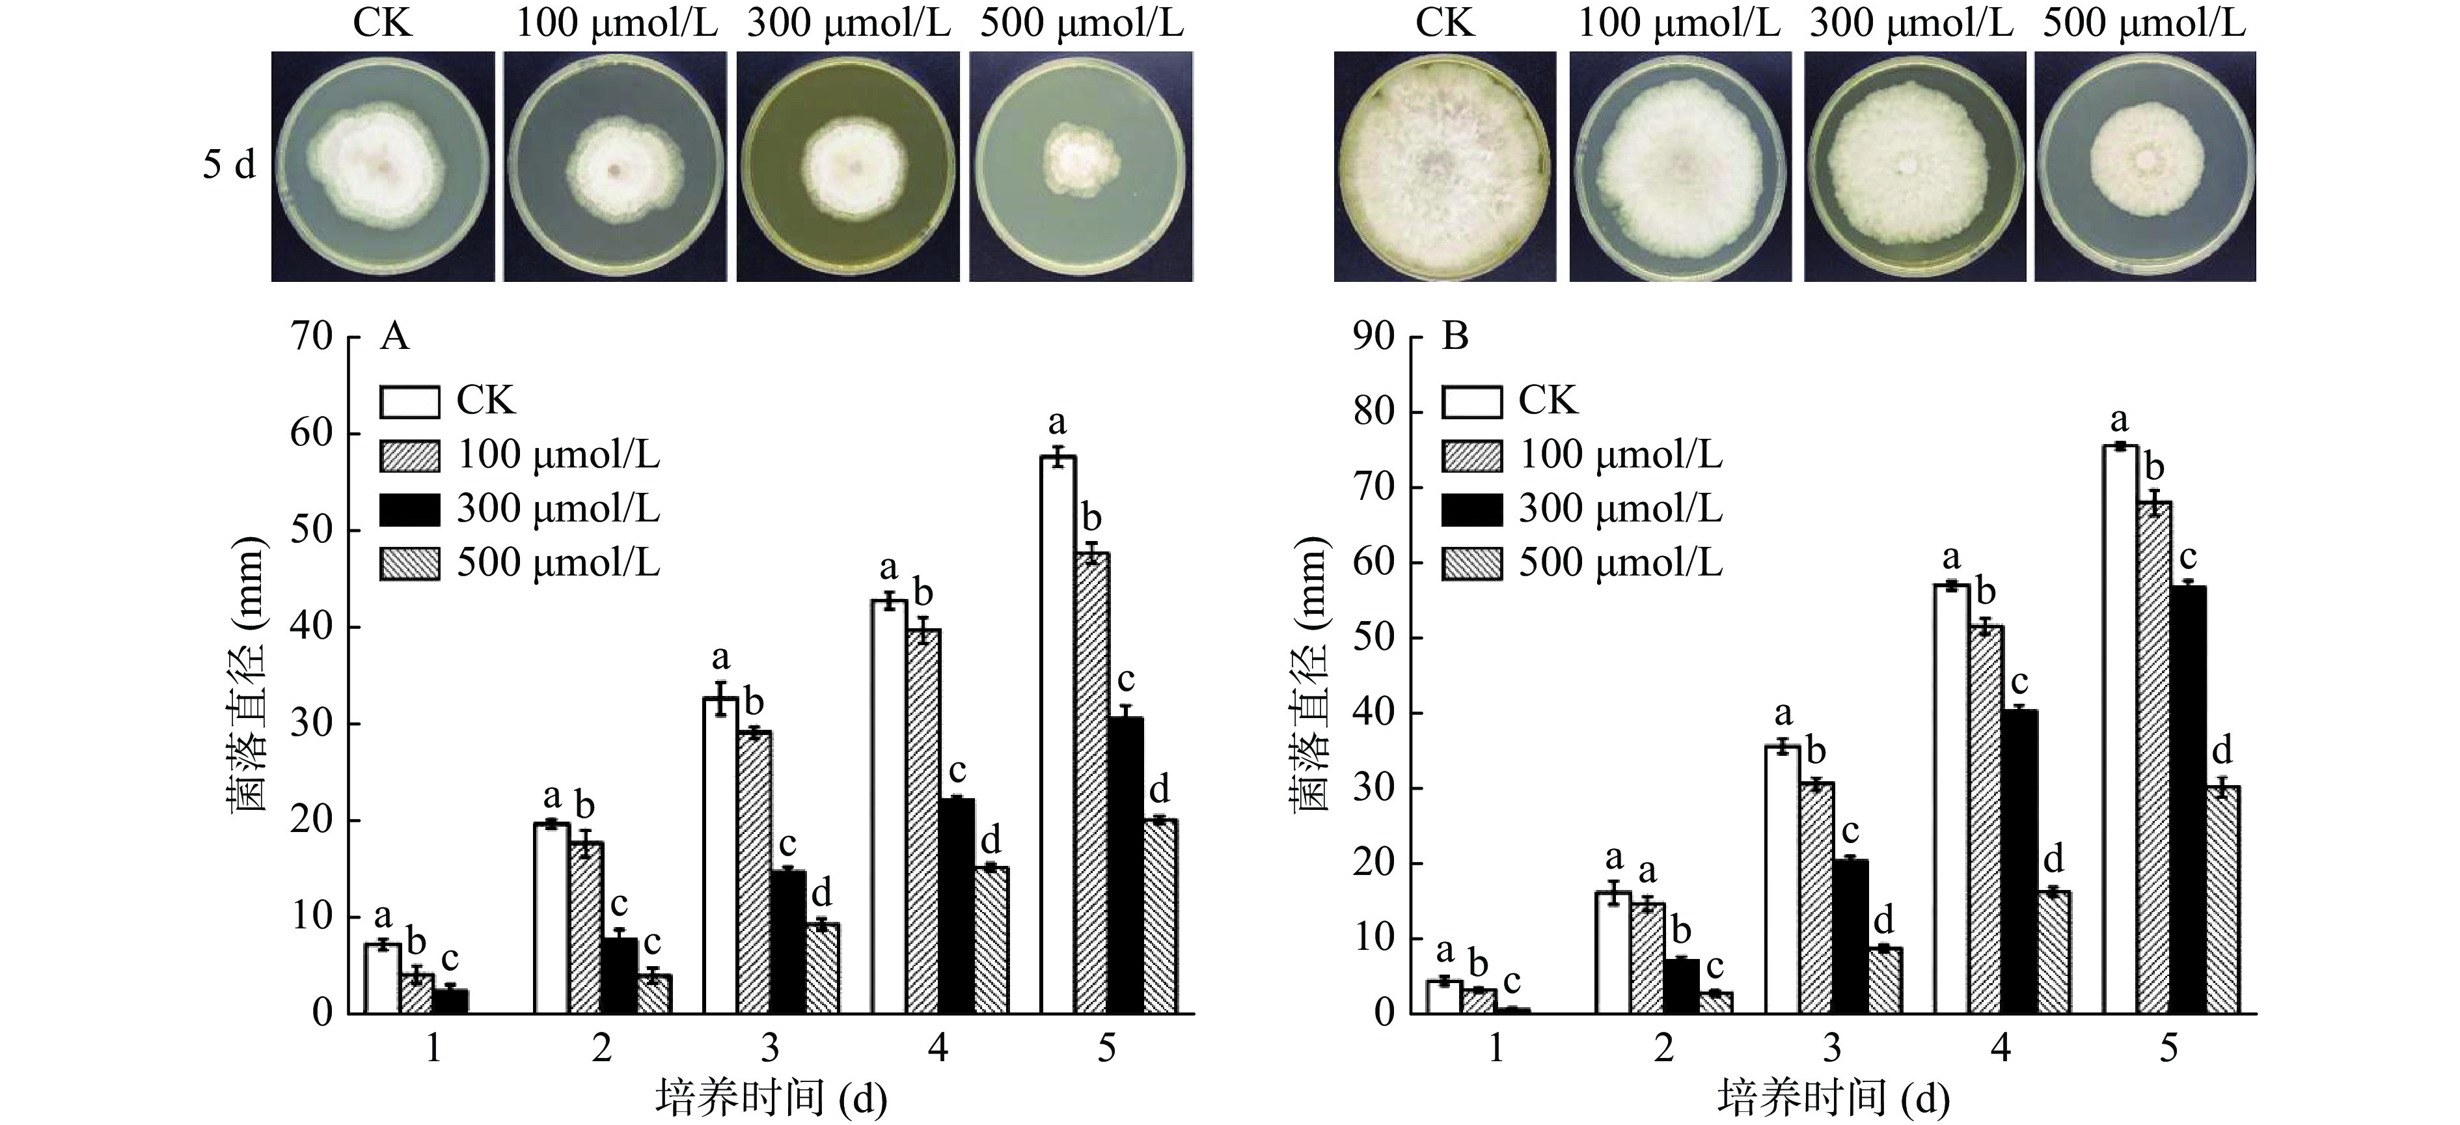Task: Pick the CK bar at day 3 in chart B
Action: point(1782,879)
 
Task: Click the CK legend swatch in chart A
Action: point(410,401)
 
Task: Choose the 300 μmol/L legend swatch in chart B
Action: point(1471,509)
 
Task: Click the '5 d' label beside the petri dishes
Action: point(229,166)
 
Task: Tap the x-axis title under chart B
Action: point(1833,1099)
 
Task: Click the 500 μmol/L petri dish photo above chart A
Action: point(1081,166)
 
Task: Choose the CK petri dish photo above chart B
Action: point(1444,166)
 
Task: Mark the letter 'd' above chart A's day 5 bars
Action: point(1158,791)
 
